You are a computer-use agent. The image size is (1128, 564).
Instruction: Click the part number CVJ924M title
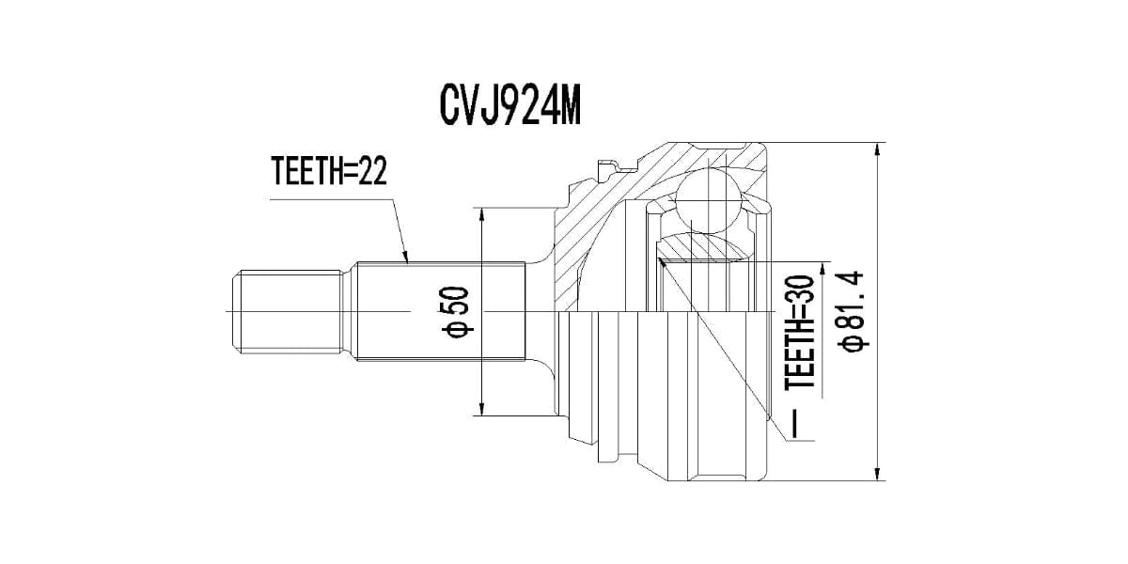[510, 107]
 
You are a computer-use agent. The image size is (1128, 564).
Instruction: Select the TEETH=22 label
[329, 171]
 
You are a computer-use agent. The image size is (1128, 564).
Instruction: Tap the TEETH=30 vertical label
[800, 333]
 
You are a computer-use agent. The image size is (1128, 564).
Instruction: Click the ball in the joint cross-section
[708, 201]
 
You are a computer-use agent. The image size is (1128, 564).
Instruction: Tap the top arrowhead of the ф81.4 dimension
[878, 149]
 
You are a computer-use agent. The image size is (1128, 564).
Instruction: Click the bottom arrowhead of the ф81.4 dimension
[878, 474]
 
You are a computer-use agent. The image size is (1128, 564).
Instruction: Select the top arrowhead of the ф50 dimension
[482, 214]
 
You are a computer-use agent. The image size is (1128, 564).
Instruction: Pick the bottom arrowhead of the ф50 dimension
[482, 409]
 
